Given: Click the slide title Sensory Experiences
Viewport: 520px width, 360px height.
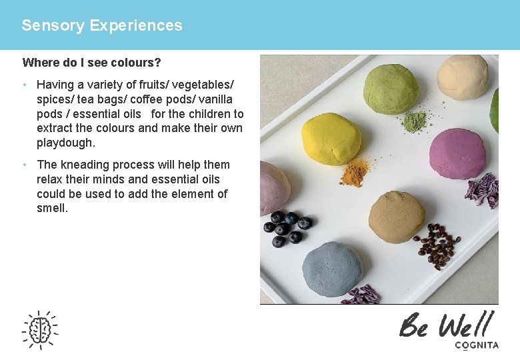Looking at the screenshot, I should [101, 25].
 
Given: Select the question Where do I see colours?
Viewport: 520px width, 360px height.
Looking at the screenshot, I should [91, 63].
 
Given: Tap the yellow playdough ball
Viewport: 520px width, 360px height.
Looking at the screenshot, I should [331, 139].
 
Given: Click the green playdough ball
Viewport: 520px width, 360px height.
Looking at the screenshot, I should [391, 89].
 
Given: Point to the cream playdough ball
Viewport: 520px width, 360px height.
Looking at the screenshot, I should [463, 77].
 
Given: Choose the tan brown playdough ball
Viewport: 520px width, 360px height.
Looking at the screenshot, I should [397, 217].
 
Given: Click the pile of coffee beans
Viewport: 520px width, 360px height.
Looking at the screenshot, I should [437, 245].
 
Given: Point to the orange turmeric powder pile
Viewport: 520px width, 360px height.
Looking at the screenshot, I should [354, 174].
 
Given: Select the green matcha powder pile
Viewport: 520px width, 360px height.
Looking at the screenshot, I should [414, 121].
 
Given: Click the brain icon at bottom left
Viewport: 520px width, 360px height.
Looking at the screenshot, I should [40, 329].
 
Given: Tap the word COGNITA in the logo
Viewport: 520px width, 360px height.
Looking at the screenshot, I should [476, 345].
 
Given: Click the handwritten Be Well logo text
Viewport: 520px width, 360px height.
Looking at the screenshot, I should [447, 325].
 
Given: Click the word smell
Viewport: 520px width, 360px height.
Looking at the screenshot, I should [52, 208].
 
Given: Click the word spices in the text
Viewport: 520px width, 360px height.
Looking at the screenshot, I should [55, 99].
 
